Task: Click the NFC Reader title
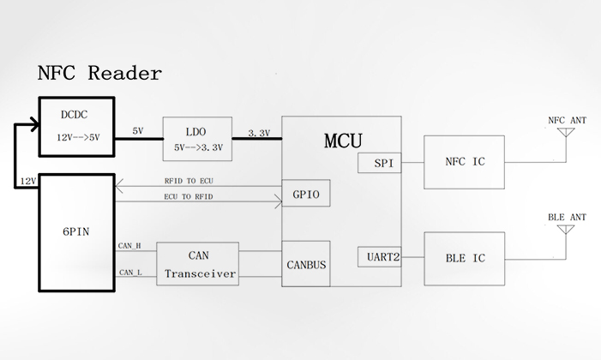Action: click(99, 73)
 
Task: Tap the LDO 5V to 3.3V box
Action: click(197, 139)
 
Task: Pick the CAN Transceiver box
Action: click(197, 263)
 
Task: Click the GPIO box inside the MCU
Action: click(305, 195)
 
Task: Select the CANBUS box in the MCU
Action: click(305, 265)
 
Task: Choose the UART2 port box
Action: click(379, 256)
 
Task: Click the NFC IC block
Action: click(464, 161)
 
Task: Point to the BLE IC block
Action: click(464, 257)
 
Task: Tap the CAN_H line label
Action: click(130, 246)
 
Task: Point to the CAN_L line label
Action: click(130, 272)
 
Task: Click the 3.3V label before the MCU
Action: click(258, 133)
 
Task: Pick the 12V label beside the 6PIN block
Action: click(27, 180)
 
